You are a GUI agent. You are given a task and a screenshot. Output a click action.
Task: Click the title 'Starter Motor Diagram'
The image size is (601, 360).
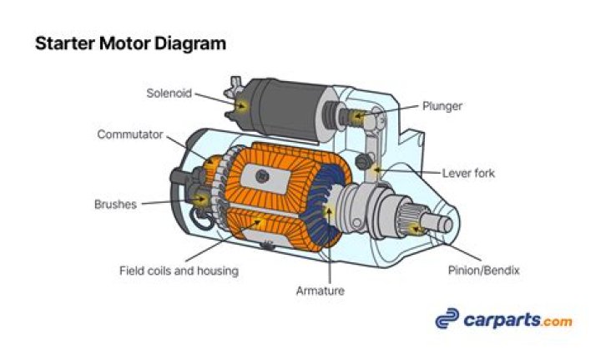130,43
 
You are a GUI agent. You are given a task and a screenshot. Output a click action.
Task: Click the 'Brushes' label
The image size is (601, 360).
116,204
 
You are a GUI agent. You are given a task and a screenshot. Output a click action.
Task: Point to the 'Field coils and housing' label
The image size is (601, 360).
179,271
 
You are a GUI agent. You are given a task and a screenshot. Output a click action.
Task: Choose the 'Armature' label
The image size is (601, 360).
320,291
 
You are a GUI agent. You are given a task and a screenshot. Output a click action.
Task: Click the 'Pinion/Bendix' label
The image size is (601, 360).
483,271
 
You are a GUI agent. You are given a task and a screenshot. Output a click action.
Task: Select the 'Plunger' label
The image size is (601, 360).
442,106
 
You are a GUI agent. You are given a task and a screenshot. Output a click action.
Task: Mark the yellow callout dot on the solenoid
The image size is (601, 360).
242,106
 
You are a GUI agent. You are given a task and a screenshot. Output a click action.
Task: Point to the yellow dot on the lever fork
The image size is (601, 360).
377,170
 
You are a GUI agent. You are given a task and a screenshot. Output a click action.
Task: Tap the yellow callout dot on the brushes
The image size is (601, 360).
200,198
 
